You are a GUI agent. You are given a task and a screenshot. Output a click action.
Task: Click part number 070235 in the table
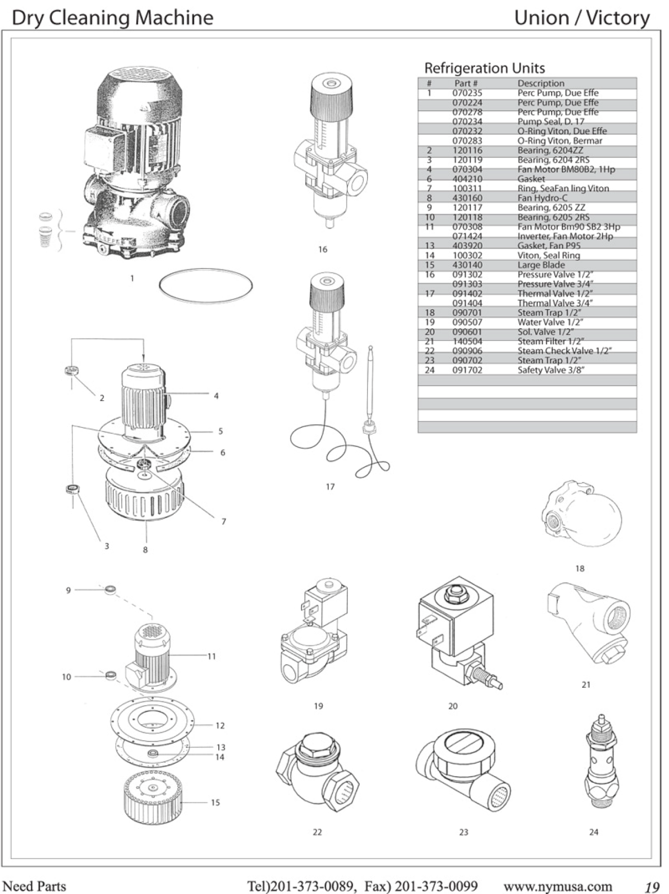coord(467,93)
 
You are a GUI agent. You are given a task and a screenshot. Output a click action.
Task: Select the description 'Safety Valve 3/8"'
coord(551,370)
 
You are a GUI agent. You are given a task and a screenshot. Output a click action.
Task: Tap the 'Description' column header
coord(541,83)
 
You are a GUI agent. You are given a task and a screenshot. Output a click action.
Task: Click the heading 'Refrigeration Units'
coord(484,68)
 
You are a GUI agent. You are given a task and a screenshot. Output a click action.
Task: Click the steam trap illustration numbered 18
coord(583,516)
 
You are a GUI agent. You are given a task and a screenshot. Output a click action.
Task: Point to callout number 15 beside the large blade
coord(215,802)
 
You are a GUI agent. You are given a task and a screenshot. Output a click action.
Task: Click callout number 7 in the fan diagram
coord(224,522)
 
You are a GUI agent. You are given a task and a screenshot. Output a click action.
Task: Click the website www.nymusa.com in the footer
coord(558,886)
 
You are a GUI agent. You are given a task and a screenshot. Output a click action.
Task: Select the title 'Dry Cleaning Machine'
coord(112,18)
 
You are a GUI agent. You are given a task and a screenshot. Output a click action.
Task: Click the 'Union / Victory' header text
coord(582,18)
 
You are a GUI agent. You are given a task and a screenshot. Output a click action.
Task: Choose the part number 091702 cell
coord(467,370)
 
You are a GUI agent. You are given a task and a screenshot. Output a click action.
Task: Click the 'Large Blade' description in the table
coord(541,265)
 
